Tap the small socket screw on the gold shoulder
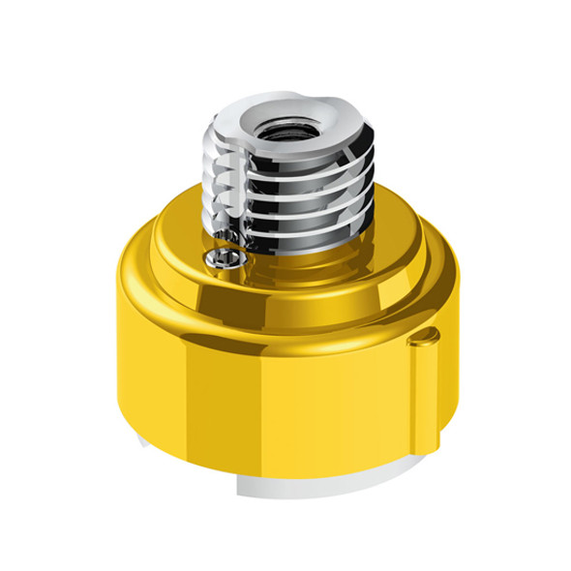coord(222,258)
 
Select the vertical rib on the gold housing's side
coord(421,387)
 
